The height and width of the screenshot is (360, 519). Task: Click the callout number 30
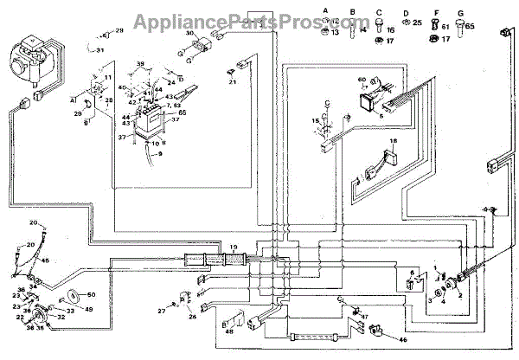189,33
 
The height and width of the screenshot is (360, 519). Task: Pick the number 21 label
233,82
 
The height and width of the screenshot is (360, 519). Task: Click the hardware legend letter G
461,11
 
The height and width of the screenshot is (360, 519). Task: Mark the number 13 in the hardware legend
335,32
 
